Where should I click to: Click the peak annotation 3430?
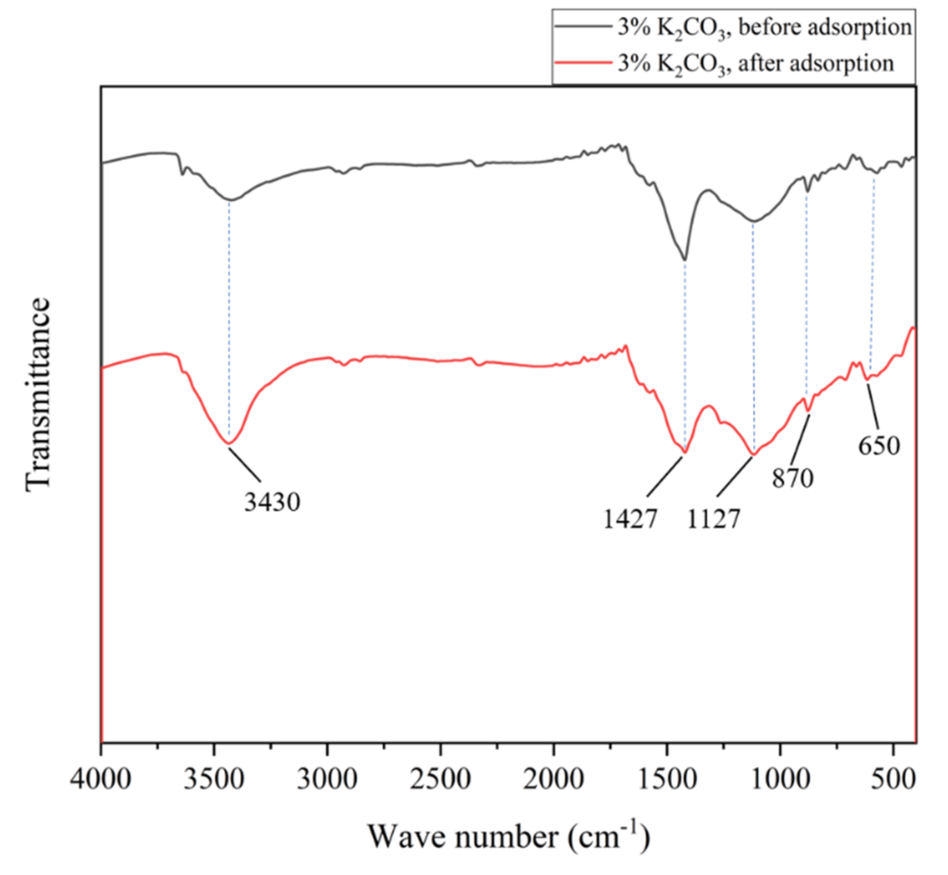coord(272,502)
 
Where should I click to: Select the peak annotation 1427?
coord(630,519)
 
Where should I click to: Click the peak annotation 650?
coord(879,446)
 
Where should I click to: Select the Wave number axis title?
coord(509,836)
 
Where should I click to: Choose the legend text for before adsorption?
coord(764,28)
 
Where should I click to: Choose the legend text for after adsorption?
coord(755,63)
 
